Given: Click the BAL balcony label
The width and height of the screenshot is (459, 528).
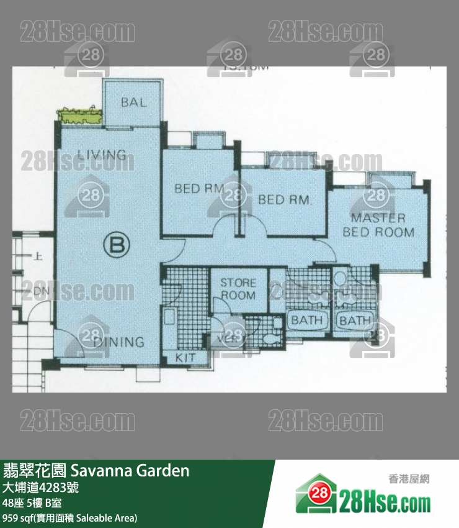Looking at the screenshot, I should (134, 102).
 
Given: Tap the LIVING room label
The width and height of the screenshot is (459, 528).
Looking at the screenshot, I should (102, 155).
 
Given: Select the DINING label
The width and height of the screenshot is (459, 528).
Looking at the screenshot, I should (119, 342).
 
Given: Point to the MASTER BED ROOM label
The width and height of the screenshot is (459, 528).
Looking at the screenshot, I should (378, 225).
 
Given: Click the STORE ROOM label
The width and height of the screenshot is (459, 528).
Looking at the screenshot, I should (238, 289).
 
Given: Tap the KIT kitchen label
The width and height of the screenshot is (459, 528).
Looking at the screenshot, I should (185, 358).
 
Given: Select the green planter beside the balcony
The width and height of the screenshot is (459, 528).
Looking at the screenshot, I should (80, 116).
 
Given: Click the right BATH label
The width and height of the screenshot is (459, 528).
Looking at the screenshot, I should (355, 321).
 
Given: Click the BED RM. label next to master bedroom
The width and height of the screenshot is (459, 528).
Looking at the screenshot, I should (284, 200).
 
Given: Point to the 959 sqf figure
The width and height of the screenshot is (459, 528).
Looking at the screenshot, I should (19, 517).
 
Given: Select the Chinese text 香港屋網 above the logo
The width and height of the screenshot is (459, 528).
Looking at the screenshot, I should (409, 479).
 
